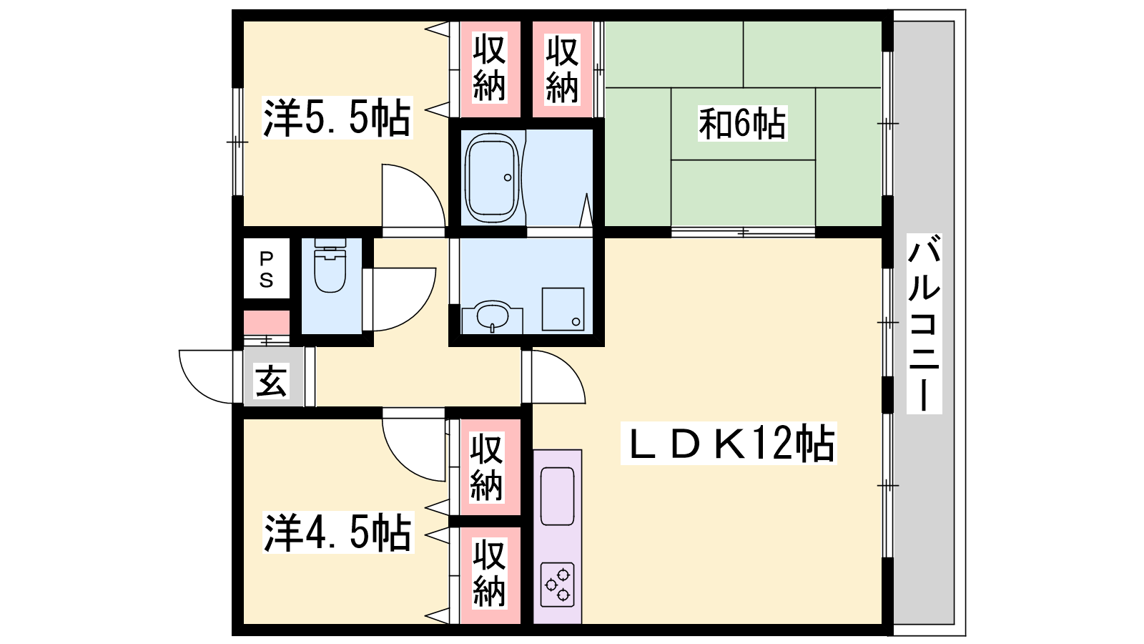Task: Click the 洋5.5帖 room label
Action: tap(337, 118)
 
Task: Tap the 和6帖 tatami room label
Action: tap(742, 123)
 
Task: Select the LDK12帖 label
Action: tap(729, 443)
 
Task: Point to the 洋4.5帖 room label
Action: tap(337, 532)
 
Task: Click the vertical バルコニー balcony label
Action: tap(924, 323)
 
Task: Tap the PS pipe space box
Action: tap(267, 269)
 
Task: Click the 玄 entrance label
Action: tap(271, 381)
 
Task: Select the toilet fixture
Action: tap(330, 265)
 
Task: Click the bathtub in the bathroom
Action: tap(492, 178)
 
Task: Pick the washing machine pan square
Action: tap(563, 308)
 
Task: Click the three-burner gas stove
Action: tap(557, 585)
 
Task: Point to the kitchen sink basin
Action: tap(557, 496)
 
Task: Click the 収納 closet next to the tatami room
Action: tap(562, 69)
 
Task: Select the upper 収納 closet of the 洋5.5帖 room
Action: tap(489, 68)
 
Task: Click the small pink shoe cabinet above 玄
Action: tap(267, 322)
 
